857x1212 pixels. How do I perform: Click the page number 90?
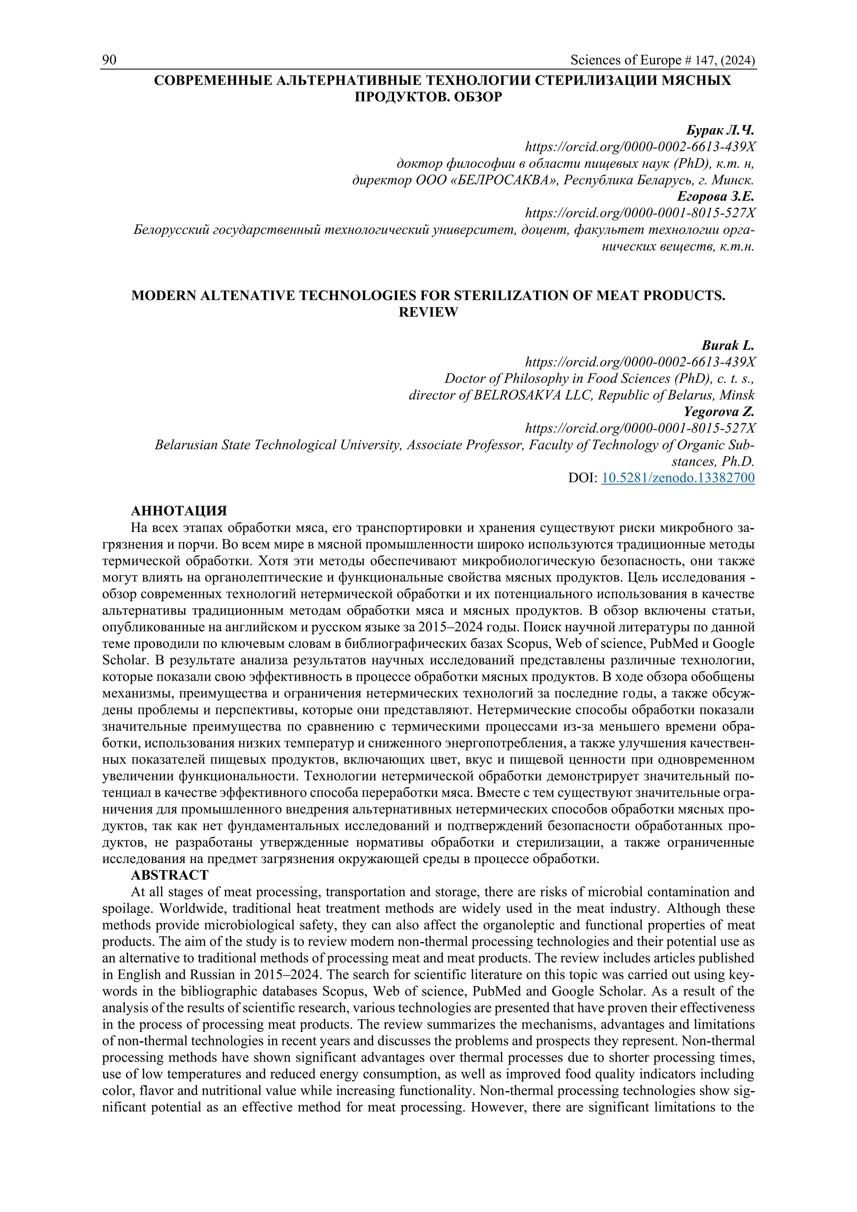coord(109,60)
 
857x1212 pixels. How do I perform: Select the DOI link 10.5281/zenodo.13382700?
coord(678,478)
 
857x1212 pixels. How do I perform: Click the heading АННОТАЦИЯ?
coord(179,511)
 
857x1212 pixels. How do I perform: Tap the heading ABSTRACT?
coord(170,875)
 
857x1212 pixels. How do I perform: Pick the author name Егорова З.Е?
coord(716,196)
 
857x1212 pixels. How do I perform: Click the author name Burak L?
coord(728,345)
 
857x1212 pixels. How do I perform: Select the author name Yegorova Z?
coord(719,412)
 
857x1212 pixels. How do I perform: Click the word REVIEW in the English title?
coord(428,312)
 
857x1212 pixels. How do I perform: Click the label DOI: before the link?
coord(582,478)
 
